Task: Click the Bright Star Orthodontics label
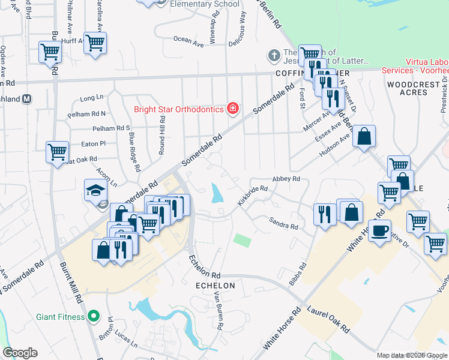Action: [x=178, y=109]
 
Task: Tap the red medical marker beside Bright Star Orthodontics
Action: [x=232, y=109]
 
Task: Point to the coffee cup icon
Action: [x=379, y=232]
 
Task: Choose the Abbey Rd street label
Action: [x=286, y=179]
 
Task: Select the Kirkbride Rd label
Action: [x=252, y=196]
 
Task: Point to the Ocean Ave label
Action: [x=188, y=40]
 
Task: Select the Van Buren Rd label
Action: [x=220, y=313]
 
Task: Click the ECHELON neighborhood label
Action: [x=215, y=286]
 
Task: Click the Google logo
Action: [x=20, y=353]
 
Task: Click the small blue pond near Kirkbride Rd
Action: [x=215, y=193]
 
